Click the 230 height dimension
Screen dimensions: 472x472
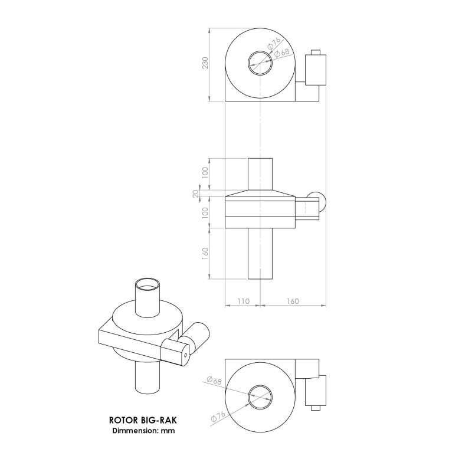click(x=205, y=64)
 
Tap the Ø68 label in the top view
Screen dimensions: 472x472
click(x=283, y=54)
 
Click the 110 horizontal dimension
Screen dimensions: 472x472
click(x=242, y=301)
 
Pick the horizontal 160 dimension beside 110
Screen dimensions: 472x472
click(x=291, y=301)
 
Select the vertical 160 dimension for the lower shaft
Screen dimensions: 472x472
click(x=205, y=254)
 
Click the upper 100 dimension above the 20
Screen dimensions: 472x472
click(x=205, y=173)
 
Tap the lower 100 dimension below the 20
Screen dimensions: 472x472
click(x=205, y=213)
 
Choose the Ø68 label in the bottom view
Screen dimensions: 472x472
click(x=214, y=381)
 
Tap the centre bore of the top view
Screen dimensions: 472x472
click(x=260, y=62)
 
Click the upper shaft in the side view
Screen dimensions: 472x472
click(x=260, y=174)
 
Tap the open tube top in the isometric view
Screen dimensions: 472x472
click(x=148, y=284)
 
